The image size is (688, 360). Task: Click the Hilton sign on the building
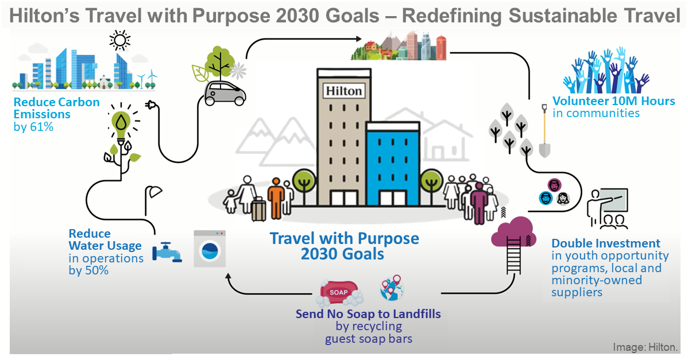click(343, 91)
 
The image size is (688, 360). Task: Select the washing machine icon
click(209, 248)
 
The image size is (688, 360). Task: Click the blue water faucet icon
click(166, 251)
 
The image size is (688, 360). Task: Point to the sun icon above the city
click(119, 41)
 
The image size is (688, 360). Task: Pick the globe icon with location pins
click(392, 291)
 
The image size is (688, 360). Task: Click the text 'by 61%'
click(33, 126)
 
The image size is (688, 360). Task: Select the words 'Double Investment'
click(605, 243)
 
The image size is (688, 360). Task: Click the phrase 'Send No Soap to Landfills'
click(368, 314)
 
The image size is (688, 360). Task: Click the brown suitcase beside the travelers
click(258, 209)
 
